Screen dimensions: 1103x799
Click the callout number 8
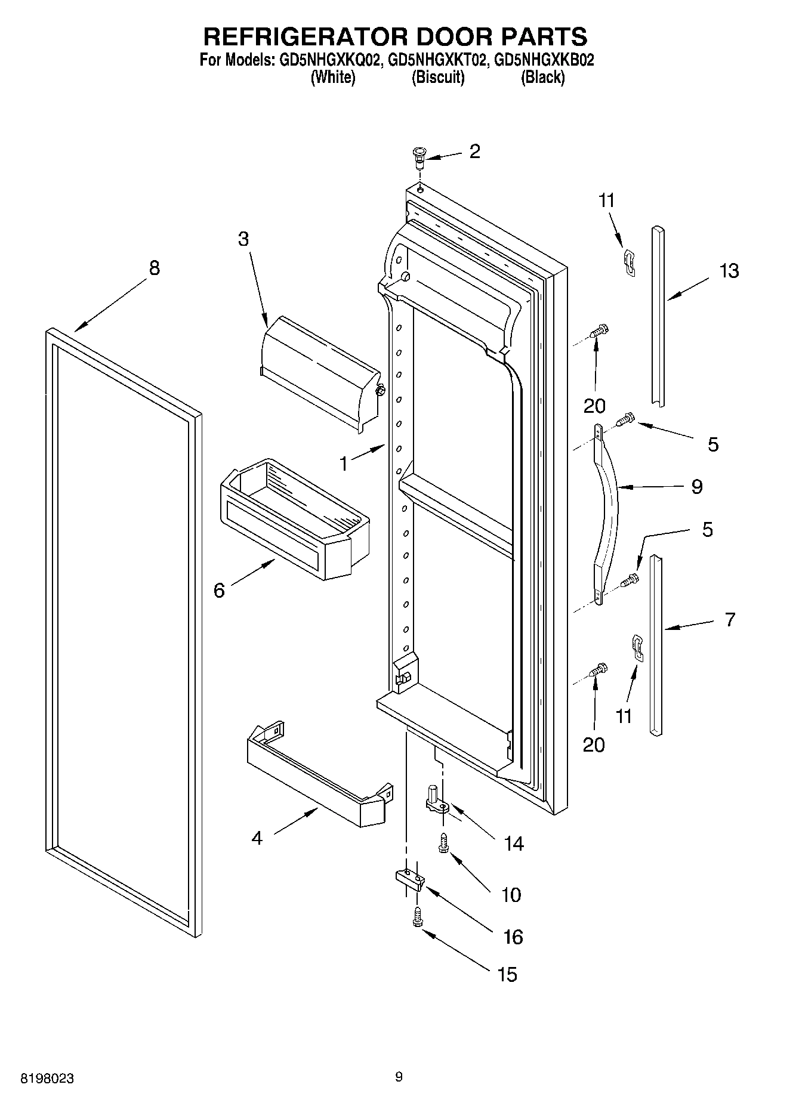click(x=154, y=268)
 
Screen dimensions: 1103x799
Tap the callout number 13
click(x=729, y=271)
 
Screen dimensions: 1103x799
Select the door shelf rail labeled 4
click(x=319, y=776)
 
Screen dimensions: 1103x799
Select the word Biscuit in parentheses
click(x=438, y=78)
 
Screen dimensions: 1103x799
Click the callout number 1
click(x=344, y=464)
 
